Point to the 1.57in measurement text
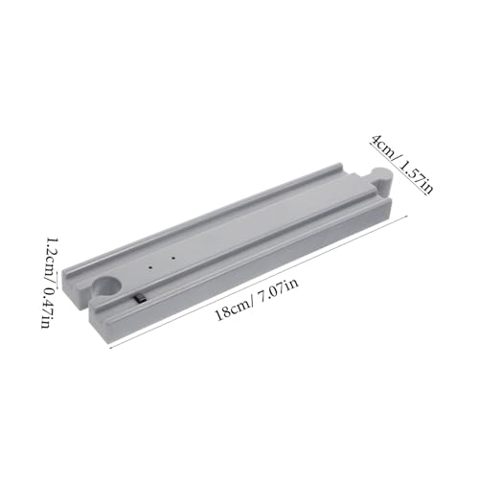(415, 177)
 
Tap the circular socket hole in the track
(107, 286)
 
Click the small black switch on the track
(140, 298)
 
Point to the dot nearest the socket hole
(150, 266)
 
